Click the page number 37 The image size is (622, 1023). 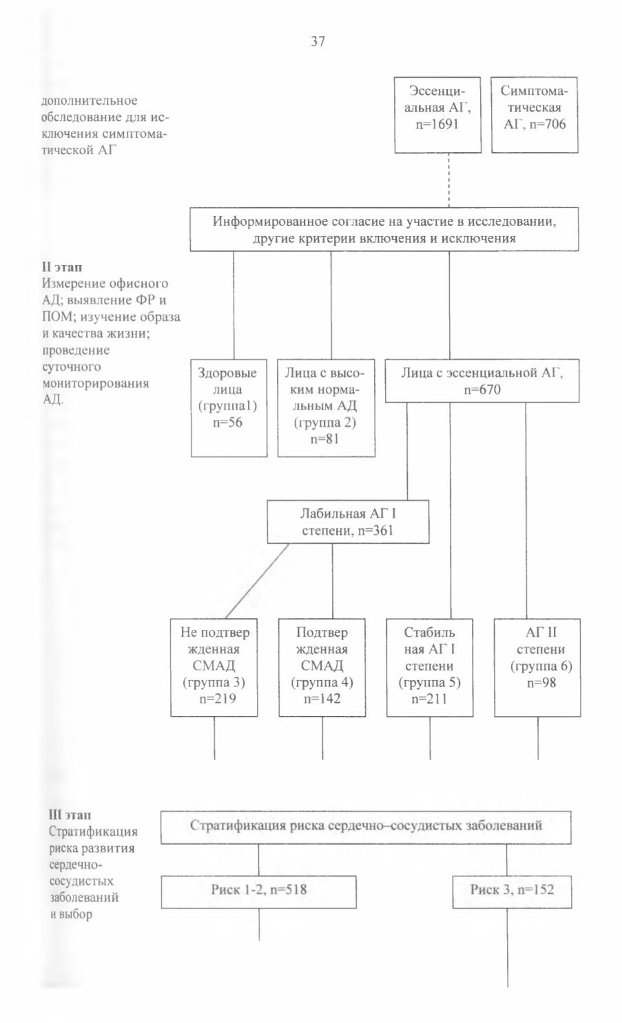click(318, 41)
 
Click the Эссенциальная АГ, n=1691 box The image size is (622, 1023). click(438, 115)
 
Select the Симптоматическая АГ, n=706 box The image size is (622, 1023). click(535, 115)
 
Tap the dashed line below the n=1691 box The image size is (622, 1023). click(449, 180)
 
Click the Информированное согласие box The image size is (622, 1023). click(384, 229)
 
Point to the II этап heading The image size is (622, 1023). click(62, 266)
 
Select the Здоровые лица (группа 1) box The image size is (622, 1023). click(229, 408)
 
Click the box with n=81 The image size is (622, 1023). click(326, 408)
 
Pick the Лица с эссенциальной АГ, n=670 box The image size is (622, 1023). click(482, 381)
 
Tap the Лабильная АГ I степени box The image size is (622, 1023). click(349, 522)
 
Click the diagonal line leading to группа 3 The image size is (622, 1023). click(258, 581)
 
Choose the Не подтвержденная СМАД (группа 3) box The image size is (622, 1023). click(214, 668)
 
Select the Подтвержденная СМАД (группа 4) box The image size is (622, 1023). click(322, 668)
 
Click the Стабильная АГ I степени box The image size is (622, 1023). click(430, 668)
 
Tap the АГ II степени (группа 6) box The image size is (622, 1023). click(537, 668)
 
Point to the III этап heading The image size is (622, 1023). click(70, 814)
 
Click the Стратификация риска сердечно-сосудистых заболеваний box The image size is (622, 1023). click(366, 827)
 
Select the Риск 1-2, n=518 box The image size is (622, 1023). click(259, 892)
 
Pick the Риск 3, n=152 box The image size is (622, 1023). click(512, 892)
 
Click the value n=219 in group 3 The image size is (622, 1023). click(218, 699)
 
